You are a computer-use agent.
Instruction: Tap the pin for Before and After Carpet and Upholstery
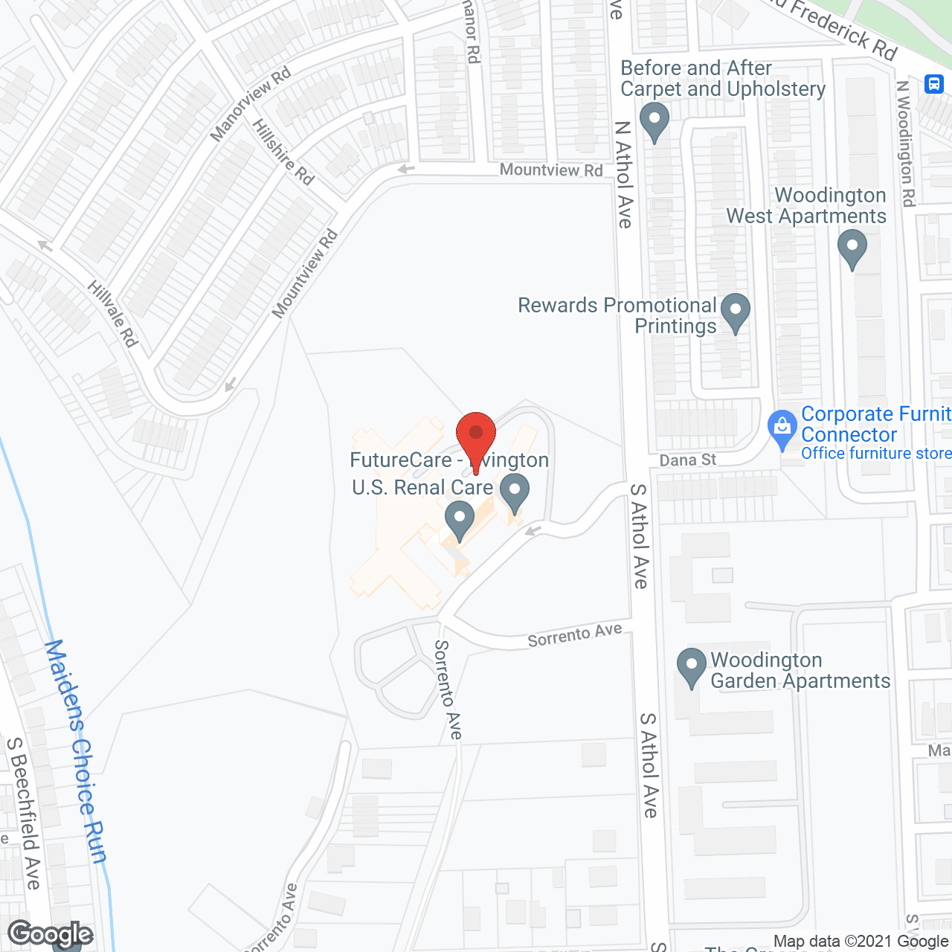coord(654,120)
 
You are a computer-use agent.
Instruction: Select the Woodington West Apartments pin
coord(852,248)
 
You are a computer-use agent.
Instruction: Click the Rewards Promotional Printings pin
coord(736,312)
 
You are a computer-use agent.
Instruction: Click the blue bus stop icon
coord(934,83)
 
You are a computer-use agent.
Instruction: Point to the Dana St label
coord(687,460)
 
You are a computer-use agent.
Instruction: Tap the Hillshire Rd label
coord(283,152)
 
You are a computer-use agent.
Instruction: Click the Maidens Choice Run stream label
coord(76,751)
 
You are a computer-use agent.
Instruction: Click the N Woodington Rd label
coord(906,143)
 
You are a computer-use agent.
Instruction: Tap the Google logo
coord(51,934)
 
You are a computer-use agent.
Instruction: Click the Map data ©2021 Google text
coord(861,942)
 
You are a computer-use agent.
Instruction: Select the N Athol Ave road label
coord(623,175)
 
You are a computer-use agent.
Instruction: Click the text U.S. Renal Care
coord(422,487)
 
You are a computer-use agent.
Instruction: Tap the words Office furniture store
coord(875,453)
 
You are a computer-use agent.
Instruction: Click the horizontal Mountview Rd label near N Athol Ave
coord(551,170)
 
